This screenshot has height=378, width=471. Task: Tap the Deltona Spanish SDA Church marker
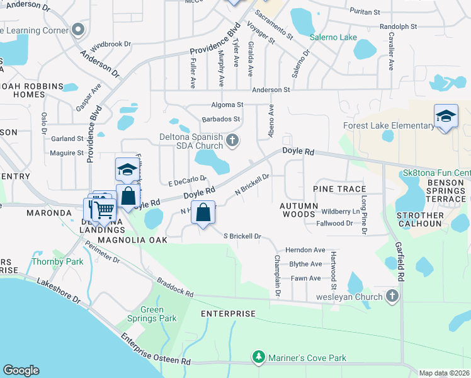pyautogui.click(x=233, y=140)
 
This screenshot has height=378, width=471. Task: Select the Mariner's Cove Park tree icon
pyautogui.click(x=258, y=358)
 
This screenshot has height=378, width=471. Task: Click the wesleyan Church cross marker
pyautogui.click(x=392, y=296)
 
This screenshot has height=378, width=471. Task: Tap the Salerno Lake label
pyautogui.click(x=333, y=37)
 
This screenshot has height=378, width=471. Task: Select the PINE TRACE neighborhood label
pyautogui.click(x=339, y=189)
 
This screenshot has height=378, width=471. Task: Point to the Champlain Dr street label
pyautogui.click(x=276, y=276)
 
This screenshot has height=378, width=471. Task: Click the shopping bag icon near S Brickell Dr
pyautogui.click(x=203, y=213)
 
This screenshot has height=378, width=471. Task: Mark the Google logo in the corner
pyautogui.click(x=21, y=370)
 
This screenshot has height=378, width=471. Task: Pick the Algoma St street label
pyautogui.click(x=227, y=105)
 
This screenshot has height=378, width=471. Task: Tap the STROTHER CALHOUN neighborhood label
pyautogui.click(x=419, y=219)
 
